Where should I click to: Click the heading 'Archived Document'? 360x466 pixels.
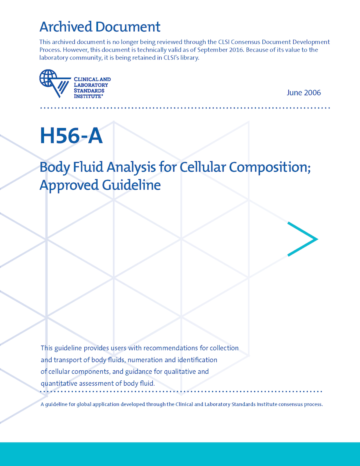[100, 27]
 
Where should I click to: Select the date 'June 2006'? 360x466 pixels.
[304, 93]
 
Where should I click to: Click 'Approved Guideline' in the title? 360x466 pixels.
[100, 186]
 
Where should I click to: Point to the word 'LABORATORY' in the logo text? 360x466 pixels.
[91, 85]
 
